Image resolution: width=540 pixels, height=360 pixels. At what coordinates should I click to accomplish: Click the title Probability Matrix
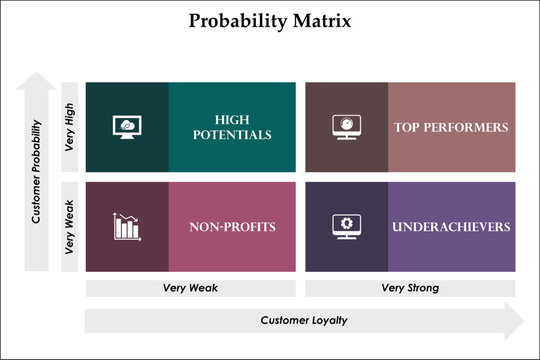(x=269, y=21)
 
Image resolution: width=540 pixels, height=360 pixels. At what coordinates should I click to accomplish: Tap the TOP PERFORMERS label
(x=452, y=127)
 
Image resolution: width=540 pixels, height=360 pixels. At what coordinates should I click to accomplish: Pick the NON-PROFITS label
(x=232, y=227)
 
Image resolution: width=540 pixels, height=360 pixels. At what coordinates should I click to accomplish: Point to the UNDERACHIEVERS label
(x=451, y=227)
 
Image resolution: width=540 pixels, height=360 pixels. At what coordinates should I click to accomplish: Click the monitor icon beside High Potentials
(x=128, y=127)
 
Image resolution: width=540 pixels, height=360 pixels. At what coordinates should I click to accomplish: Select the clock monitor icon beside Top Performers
(x=345, y=127)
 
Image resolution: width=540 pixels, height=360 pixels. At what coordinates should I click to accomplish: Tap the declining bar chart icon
(x=127, y=227)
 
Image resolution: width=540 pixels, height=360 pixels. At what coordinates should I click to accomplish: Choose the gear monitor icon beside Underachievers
(x=345, y=227)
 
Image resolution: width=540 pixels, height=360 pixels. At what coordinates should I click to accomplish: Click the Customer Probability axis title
(x=37, y=171)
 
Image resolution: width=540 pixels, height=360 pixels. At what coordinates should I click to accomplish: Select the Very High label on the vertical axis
(x=70, y=127)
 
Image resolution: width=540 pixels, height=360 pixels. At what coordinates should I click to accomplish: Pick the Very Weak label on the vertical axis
(x=70, y=227)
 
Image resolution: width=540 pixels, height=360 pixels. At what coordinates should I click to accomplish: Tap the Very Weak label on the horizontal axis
(x=190, y=288)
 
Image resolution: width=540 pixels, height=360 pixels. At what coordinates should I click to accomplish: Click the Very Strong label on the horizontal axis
(x=410, y=288)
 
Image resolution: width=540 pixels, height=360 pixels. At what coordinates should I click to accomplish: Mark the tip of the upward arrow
(x=37, y=73)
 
